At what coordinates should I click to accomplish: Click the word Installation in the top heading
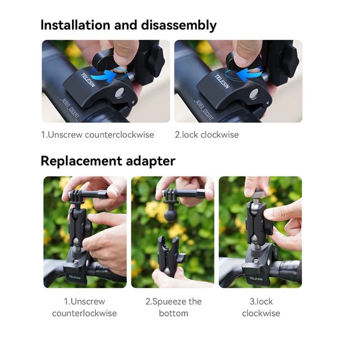[75, 25]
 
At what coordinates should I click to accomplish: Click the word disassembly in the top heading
[179, 26]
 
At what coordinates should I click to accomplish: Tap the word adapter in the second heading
[151, 162]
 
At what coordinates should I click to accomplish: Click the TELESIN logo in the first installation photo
[88, 80]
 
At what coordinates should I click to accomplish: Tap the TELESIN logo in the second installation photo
[222, 81]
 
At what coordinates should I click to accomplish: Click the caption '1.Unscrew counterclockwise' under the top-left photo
[97, 135]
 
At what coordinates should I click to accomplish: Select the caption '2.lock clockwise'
[207, 135]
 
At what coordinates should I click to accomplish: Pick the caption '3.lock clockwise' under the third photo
[261, 307]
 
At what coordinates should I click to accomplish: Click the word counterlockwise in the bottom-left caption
[84, 313]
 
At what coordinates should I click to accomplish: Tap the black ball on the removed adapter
[171, 215]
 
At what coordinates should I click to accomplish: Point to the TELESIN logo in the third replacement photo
[256, 279]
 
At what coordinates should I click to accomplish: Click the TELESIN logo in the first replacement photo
[75, 277]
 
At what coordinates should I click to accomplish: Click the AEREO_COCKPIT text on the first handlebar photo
[69, 109]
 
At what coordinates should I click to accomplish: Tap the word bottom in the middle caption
[173, 313]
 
